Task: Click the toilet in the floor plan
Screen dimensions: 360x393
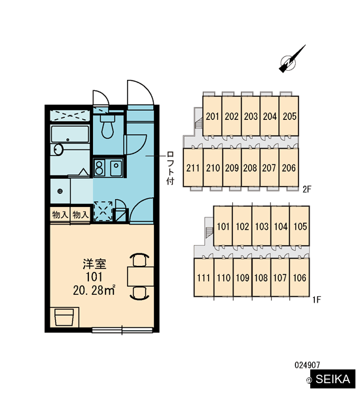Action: [x=107, y=126]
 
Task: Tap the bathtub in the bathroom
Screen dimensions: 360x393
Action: [x=70, y=134]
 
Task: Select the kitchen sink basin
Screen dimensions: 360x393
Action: [x=116, y=167]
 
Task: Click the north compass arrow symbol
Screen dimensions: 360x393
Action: [x=291, y=60]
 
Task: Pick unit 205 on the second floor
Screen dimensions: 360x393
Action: [x=289, y=116]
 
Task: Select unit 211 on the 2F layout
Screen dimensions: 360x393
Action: [x=193, y=168]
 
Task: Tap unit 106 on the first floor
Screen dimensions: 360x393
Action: [x=299, y=278]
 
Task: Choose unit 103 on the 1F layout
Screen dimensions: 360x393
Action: [x=262, y=226]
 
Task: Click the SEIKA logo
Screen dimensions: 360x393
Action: [x=333, y=379]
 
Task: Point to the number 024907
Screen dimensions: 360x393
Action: [x=307, y=365]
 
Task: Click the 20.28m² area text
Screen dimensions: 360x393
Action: [x=94, y=290]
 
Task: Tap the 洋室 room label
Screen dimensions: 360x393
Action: [x=94, y=264]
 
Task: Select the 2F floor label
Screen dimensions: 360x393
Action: [x=306, y=189]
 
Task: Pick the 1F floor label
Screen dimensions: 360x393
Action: [x=317, y=299]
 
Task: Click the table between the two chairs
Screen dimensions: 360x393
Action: [x=140, y=276]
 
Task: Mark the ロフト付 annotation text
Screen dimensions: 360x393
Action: [x=170, y=168]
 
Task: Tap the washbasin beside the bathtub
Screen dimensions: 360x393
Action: [x=58, y=149]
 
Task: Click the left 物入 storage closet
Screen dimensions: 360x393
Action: [x=60, y=215]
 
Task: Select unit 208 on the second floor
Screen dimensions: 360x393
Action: [x=250, y=168]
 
